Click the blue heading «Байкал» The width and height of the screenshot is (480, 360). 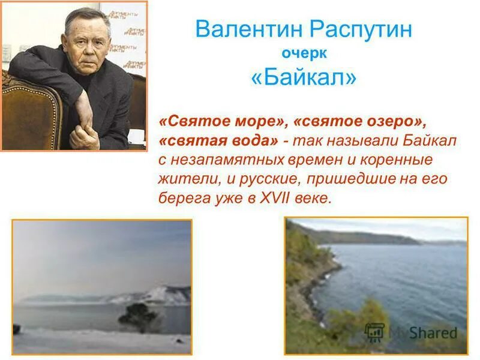pos(304,78)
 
